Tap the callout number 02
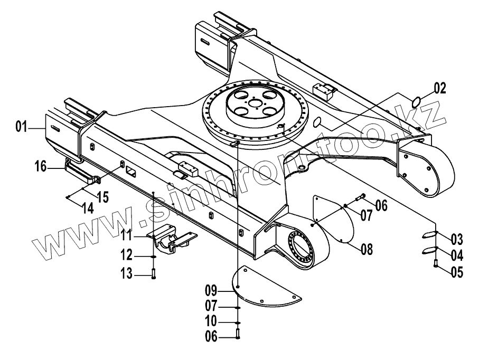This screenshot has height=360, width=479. (x=440, y=88)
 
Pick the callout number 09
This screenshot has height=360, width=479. (x=211, y=289)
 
